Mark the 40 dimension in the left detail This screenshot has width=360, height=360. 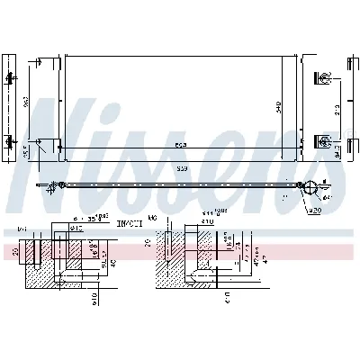(112, 263)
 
